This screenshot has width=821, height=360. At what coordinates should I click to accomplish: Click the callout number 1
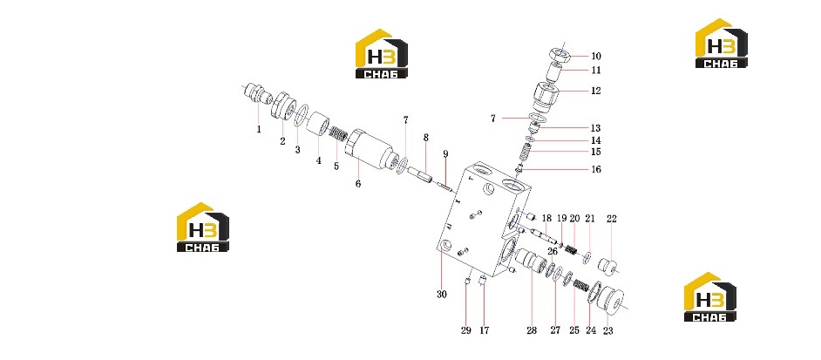click(x=259, y=129)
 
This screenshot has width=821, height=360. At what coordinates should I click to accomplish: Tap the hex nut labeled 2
click(x=283, y=105)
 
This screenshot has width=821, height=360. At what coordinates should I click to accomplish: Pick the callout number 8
click(x=426, y=138)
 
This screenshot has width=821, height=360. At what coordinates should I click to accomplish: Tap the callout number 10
click(x=596, y=56)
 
